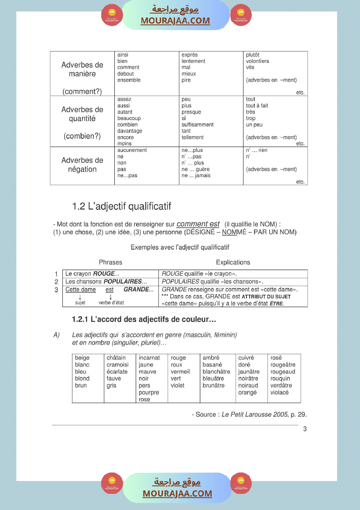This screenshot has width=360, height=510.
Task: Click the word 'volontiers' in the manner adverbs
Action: click(x=257, y=61)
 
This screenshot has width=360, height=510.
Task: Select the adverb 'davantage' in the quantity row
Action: click(x=130, y=131)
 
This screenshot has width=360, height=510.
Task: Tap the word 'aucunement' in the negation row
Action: click(x=132, y=150)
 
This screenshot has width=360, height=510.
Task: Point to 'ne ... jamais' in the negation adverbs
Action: click(x=196, y=175)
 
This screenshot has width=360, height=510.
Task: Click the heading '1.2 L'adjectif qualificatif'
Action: click(x=121, y=206)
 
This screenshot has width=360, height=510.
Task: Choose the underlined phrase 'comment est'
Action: click(x=198, y=224)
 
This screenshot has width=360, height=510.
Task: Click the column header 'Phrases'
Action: click(x=110, y=262)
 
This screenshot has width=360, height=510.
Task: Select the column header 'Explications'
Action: click(x=233, y=262)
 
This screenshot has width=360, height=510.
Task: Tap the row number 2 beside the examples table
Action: click(x=56, y=282)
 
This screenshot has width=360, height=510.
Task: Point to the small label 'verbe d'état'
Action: click(x=111, y=302)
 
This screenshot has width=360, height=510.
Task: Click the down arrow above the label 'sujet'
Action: click(x=80, y=296)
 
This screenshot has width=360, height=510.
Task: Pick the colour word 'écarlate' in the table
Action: click(x=117, y=372)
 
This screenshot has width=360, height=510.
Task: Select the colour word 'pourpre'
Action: click(x=149, y=392)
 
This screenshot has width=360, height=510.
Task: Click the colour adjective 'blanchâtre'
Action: click(x=216, y=372)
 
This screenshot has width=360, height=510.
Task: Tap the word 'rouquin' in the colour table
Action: click(x=280, y=378)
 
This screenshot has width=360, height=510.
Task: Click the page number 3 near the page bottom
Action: click(x=305, y=429)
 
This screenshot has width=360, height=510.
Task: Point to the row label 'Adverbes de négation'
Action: click(x=82, y=164)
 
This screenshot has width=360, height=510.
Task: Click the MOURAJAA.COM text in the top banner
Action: click(x=175, y=21)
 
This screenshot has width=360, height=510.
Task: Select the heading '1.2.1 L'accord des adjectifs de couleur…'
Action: click(x=144, y=320)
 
